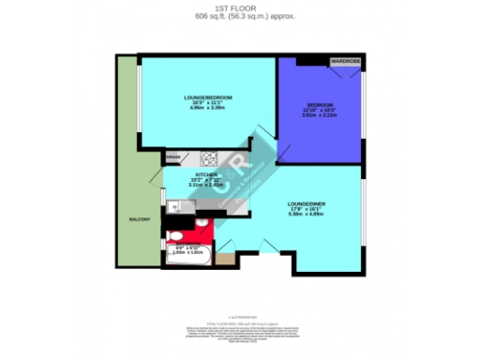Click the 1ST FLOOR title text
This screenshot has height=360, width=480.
240,7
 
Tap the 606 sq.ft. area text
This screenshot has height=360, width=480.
240,16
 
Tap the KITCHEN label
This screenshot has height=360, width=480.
206,174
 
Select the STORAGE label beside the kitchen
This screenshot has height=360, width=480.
173,157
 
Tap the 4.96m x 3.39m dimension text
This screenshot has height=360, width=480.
207,107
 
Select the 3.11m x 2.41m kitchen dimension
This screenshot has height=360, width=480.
206,186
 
